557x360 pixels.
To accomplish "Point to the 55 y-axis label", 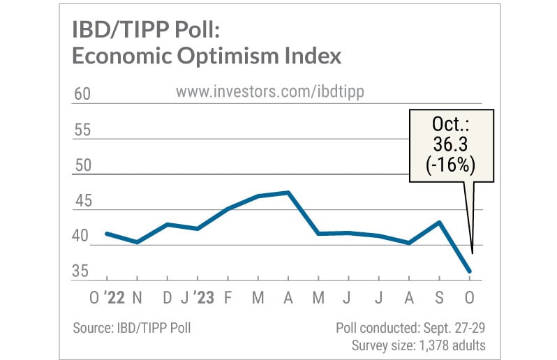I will (x=82, y=130).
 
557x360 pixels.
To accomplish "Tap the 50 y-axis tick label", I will (x=82, y=166).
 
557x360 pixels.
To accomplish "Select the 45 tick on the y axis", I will (x=82, y=202).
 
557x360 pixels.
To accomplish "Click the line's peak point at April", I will (x=288, y=192).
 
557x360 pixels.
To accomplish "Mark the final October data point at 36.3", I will (x=469, y=271).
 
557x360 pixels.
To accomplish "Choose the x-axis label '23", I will (x=202, y=299).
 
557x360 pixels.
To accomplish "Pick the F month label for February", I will (x=228, y=299).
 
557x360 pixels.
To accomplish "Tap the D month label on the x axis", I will (x=168, y=299).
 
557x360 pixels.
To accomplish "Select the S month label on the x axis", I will (x=439, y=299).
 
